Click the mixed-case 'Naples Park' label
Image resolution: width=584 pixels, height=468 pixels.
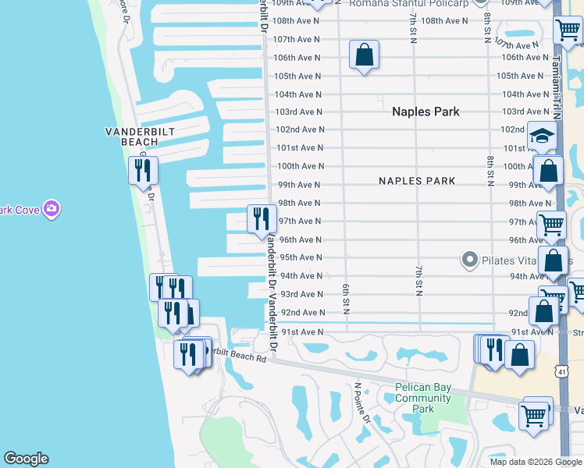[x=426, y=112]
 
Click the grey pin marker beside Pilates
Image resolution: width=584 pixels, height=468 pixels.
[x=469, y=259]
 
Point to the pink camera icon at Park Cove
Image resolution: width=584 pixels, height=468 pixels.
[x=52, y=208]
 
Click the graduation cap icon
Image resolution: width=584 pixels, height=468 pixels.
[x=542, y=136]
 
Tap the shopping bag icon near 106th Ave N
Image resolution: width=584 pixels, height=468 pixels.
[x=364, y=55]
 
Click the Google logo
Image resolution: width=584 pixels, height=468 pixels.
[x=26, y=459]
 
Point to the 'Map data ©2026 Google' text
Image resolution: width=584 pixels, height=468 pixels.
[x=536, y=462]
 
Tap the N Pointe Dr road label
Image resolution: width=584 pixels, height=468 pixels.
[x=363, y=402]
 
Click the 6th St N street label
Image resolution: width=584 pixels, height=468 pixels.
[x=345, y=297]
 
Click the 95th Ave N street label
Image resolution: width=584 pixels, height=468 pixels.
[x=301, y=257]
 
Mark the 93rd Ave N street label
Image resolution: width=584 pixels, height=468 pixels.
[x=301, y=294]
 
